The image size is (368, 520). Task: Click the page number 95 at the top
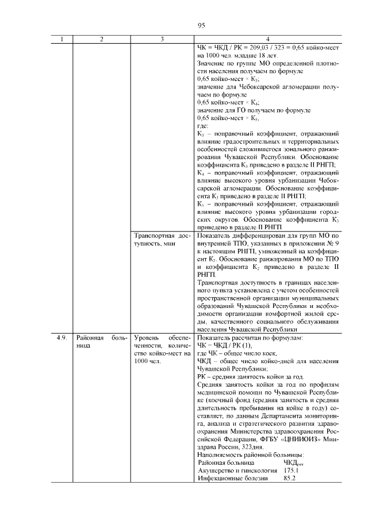tap(201, 25)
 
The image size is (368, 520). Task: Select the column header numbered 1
tap(63, 39)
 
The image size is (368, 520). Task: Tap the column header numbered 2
tap(101, 39)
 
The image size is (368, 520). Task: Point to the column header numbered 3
tap(162, 39)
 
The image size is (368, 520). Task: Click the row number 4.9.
tap(63, 338)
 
